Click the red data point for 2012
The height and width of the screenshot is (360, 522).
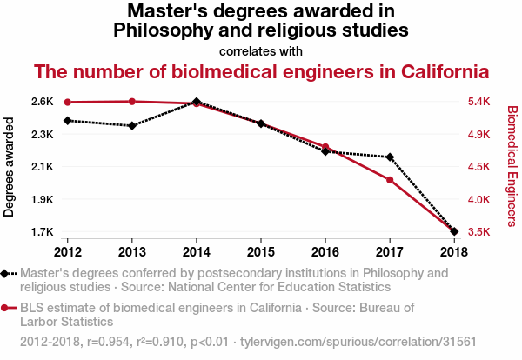coord(68,103)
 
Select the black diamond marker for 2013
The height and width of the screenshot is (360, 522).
coord(132,126)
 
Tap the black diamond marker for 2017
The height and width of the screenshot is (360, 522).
coord(390,157)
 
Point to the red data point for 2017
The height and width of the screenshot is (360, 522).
coord(390,180)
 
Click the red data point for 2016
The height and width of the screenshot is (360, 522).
coord(325,147)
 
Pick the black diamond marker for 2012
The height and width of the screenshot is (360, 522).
coord(68,121)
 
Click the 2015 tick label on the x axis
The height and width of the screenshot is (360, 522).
coord(261,252)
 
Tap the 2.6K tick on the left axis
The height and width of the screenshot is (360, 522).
coord(41,102)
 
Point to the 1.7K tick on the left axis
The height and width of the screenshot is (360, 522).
coord(41,232)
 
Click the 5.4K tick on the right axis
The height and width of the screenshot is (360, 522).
coord(481,102)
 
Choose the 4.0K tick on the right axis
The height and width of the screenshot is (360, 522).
coord(481,200)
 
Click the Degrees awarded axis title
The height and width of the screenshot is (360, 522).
coord(10,167)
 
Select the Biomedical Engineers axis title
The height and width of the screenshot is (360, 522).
coord(512,165)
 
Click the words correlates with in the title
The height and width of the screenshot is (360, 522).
coord(261,50)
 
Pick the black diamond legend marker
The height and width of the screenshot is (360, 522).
coord(6,273)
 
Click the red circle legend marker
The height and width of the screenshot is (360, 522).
coord(6,308)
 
